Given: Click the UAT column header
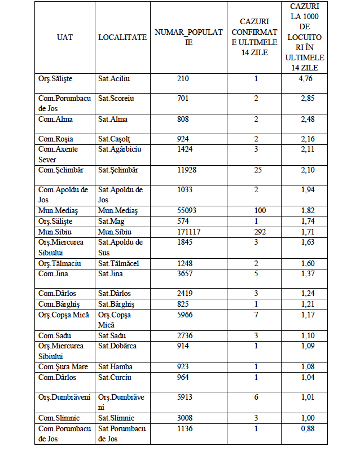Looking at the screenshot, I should (x=65, y=37).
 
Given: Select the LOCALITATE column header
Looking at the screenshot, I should (x=122, y=37).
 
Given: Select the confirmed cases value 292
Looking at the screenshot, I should (x=256, y=232).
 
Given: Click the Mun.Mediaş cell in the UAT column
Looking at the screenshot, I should (x=58, y=211).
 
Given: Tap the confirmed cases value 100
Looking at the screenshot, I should (x=256, y=211).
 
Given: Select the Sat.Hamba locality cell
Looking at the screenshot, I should (x=115, y=367).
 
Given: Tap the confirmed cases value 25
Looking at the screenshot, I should (x=256, y=170).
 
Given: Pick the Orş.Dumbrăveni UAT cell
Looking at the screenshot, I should (x=64, y=397).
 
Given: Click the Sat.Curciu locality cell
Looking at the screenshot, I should (x=115, y=377).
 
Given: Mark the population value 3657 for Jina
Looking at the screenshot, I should (x=185, y=273).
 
